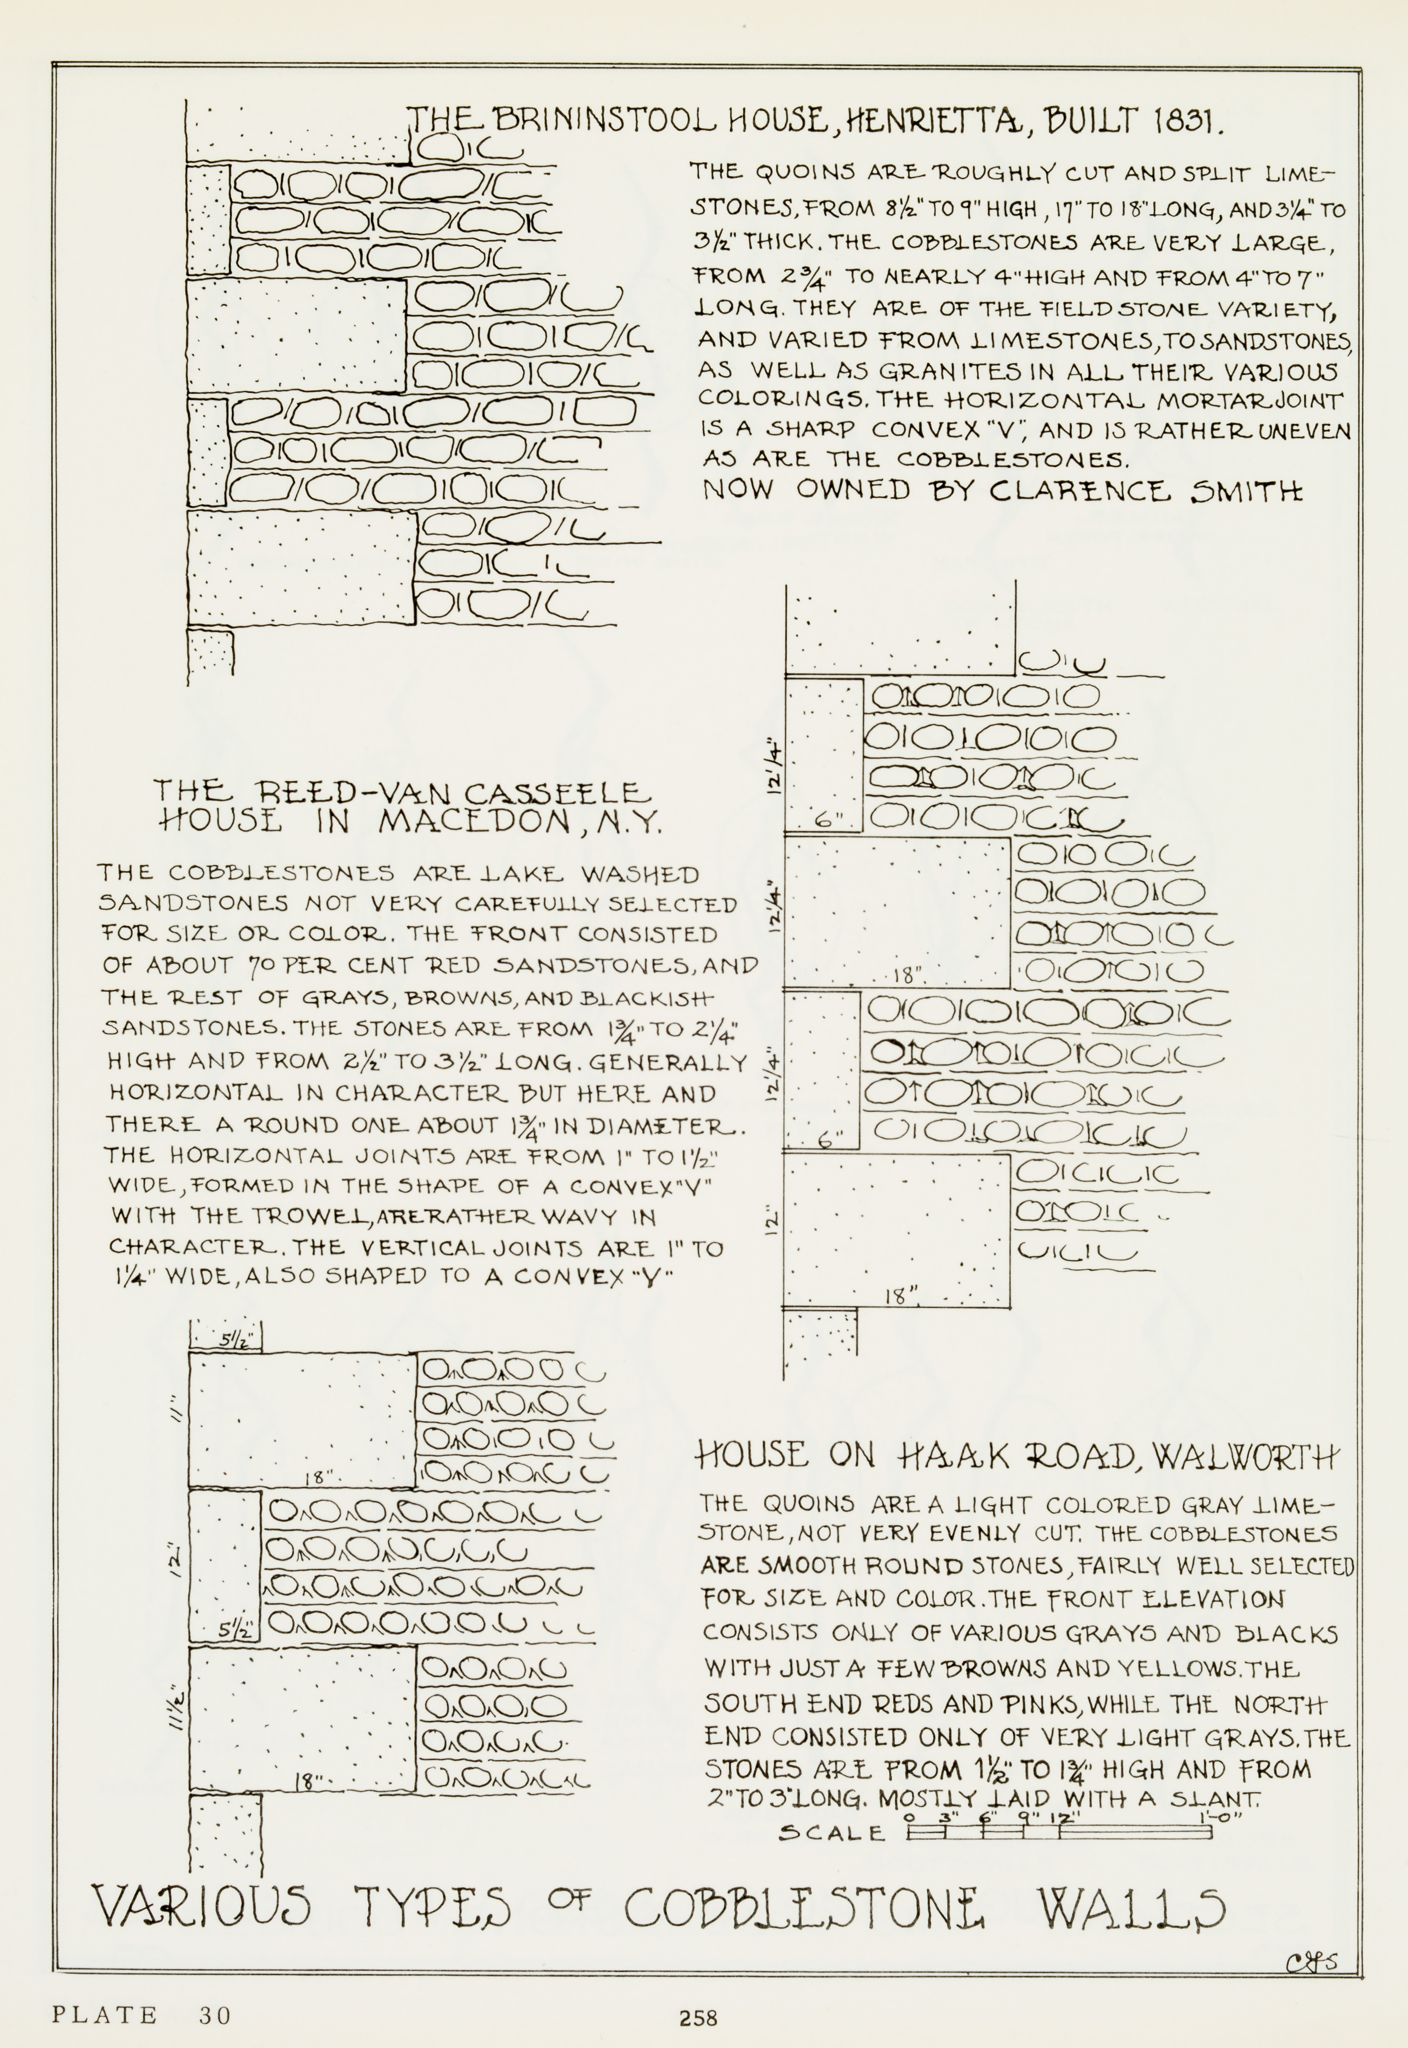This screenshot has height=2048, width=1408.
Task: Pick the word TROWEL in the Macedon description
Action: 305,1217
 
